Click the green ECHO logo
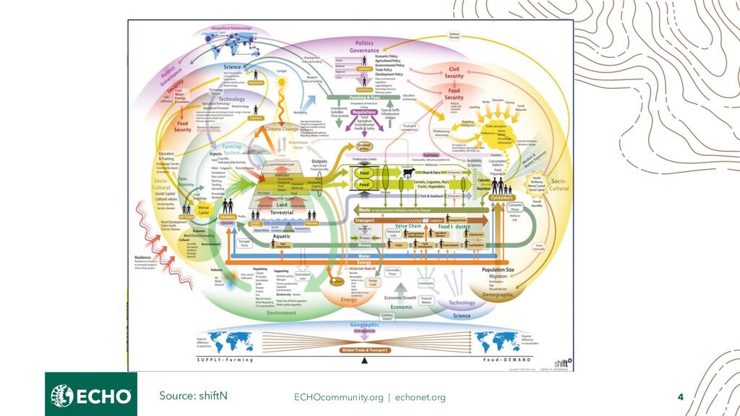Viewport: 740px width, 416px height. [91, 395]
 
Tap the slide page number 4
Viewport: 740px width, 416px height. [680, 396]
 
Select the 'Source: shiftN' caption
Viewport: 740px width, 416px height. [194, 395]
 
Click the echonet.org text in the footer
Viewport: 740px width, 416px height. [421, 397]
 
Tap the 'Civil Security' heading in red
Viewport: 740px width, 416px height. [454, 72]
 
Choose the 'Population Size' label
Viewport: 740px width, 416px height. [498, 269]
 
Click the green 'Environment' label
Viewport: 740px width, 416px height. [282, 313]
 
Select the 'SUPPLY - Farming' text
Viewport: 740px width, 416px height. [225, 359]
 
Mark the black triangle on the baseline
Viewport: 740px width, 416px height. [364, 360]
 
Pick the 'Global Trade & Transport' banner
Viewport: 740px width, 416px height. [364, 350]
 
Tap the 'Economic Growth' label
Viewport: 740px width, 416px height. [400, 297]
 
